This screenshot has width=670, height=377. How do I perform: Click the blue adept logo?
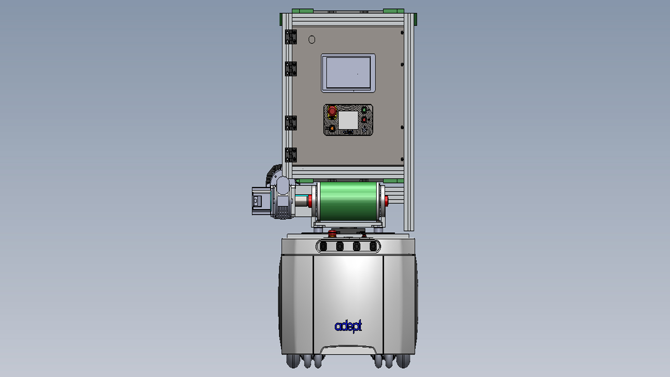click(348, 326)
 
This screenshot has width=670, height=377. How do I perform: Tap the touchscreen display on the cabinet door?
click(348, 73)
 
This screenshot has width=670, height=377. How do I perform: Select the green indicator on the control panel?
click(364, 110)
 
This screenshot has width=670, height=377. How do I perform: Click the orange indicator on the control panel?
click(332, 128)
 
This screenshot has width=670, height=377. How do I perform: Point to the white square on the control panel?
click(348, 120)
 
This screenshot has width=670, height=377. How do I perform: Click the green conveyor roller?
click(349, 201)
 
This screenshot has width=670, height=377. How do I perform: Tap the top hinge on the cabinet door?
click(291, 37)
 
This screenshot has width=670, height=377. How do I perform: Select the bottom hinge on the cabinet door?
click(291, 155)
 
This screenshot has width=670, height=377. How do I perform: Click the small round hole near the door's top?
click(312, 40)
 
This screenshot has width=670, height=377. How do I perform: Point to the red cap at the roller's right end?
click(386, 201)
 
